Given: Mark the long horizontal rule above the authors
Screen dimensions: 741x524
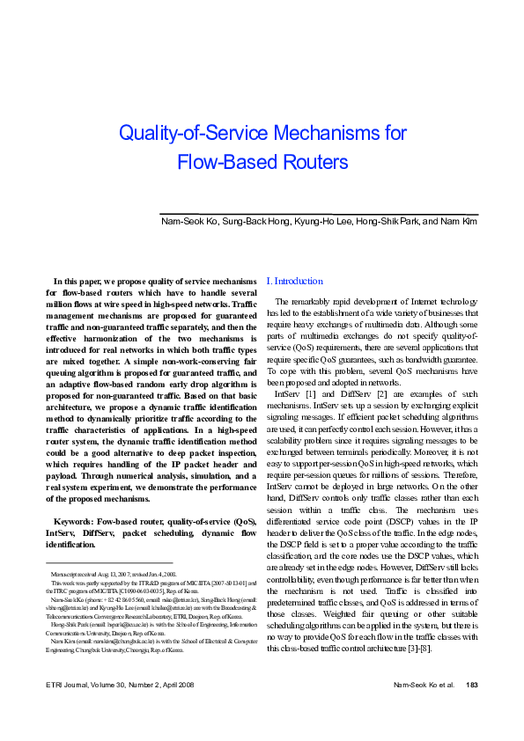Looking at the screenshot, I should click(318, 212).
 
